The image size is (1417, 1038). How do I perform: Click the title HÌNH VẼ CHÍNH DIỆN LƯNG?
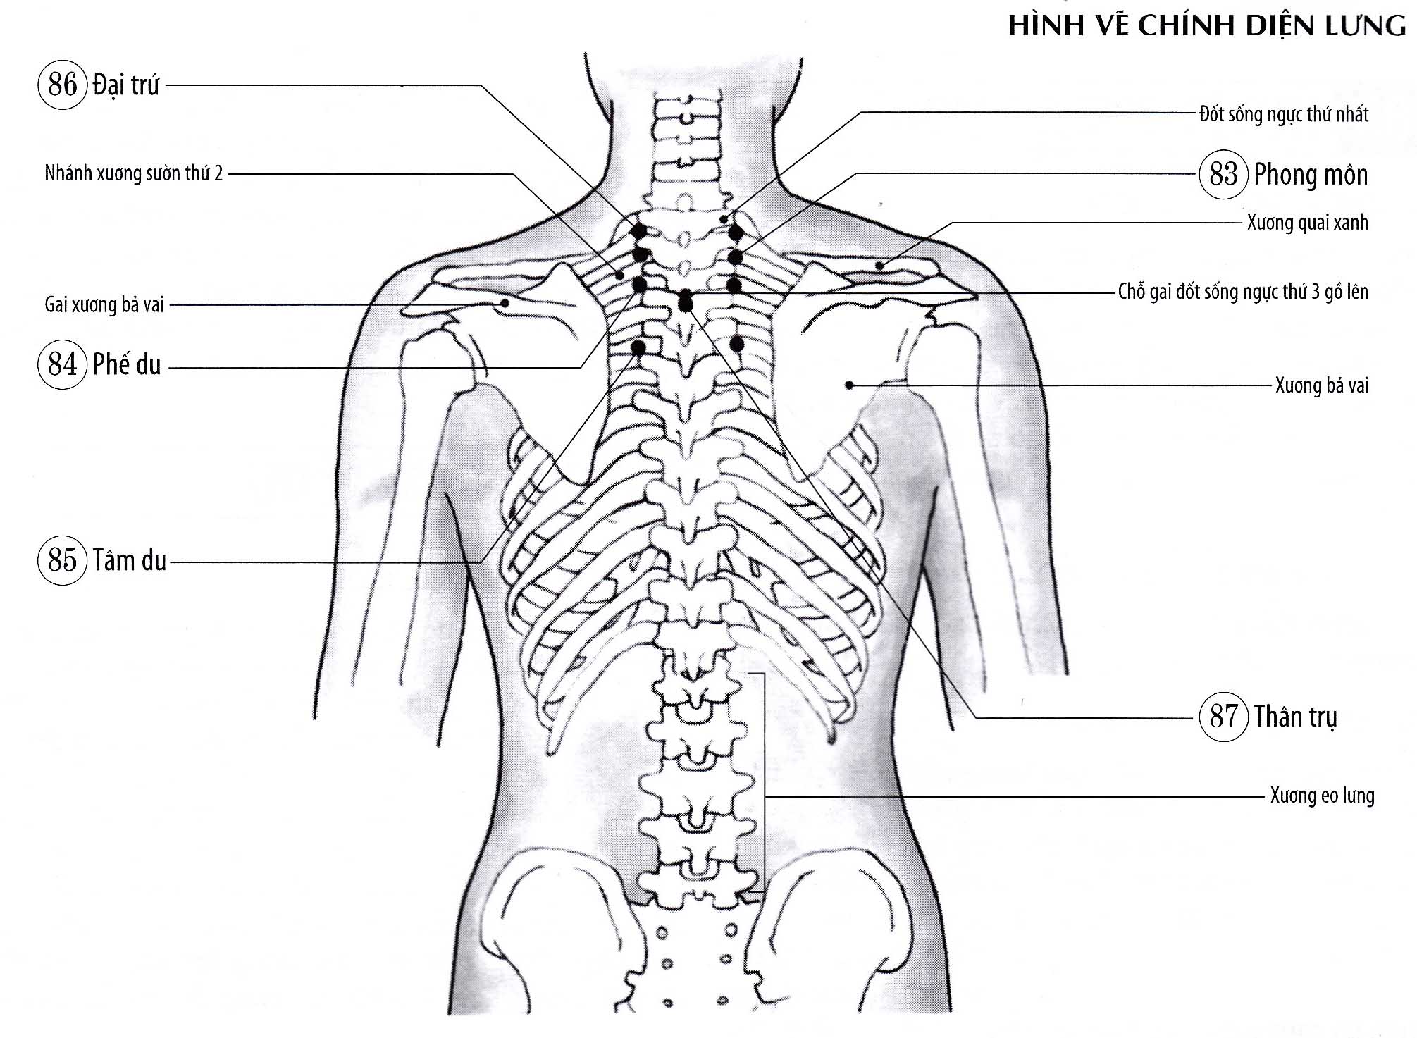coord(1207,25)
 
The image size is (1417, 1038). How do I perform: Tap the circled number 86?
coord(62,85)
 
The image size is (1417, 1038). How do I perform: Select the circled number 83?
coord(1223,174)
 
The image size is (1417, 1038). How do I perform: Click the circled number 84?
coord(62,364)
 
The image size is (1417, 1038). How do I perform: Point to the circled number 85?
coord(62,560)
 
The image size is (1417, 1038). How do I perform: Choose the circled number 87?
coord(1223,717)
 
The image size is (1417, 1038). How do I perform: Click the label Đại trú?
coord(126,85)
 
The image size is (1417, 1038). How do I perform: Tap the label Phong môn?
coord(1311,175)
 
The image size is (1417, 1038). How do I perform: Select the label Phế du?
coord(127,364)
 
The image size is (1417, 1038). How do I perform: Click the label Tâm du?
coord(130,560)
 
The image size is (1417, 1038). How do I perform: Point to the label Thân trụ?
coord(1295,717)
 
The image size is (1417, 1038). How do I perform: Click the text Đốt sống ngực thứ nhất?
coord(1283,114)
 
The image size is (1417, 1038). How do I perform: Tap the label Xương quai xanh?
coord(1308,223)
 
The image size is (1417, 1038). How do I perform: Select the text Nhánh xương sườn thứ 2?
coord(133,173)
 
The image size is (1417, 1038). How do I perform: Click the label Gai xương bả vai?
coord(104,304)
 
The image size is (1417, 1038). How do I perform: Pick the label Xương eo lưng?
coord(1322,796)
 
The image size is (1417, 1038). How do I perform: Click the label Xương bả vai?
coord(1322,385)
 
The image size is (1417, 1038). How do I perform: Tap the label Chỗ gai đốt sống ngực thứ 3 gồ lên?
coord(1243,292)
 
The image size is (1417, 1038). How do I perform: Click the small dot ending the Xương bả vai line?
coord(850,385)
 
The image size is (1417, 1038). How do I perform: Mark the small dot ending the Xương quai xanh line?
coord(880,266)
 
